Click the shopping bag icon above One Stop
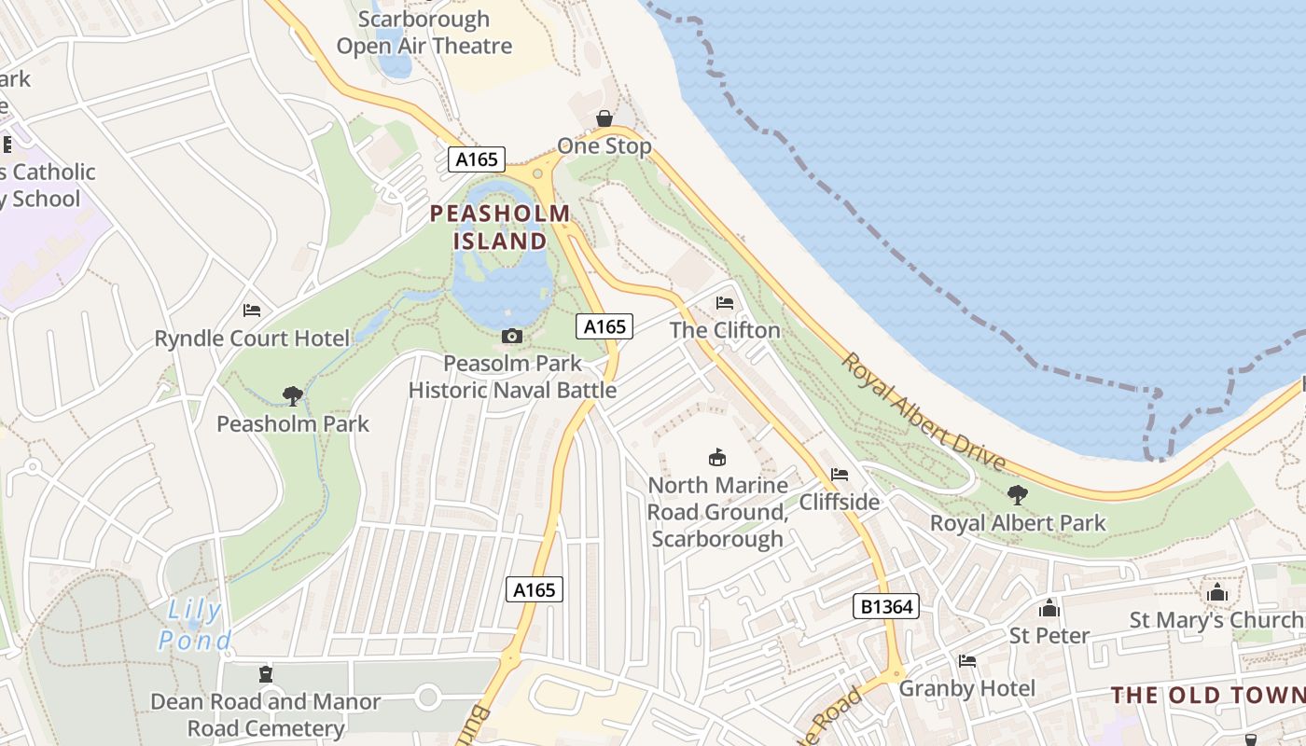604,118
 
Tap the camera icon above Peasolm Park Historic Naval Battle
511,336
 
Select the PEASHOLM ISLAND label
500,227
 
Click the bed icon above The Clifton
725,303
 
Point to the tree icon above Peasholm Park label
293,396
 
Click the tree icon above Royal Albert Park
1018,495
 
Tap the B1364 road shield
886,607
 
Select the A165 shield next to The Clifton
604,326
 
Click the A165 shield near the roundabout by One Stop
476,159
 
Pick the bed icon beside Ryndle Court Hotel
252,311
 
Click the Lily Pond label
195,626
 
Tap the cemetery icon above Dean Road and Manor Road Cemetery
266,673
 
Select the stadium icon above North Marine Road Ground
717,458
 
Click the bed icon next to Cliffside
840,475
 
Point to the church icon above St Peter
1049,608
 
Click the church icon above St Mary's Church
1216,592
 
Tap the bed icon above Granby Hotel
967,661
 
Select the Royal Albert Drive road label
924,411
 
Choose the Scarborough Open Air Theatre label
424,32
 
